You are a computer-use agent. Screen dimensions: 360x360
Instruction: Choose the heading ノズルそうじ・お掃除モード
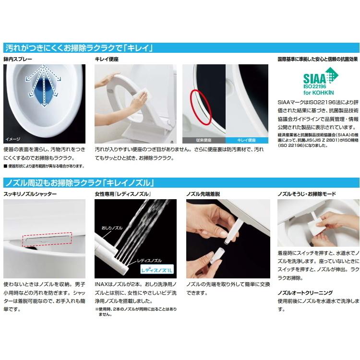(307, 194)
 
